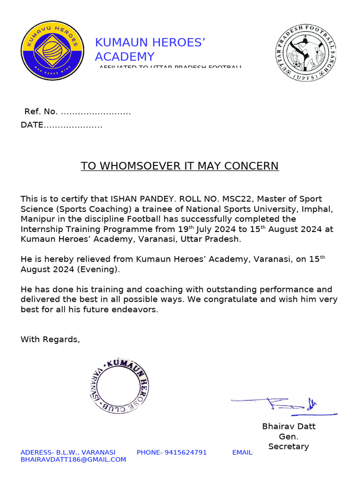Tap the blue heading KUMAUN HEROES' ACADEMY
pos(150,50)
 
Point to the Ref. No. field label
pos(41,112)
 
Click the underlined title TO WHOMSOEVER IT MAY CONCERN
pos(180,166)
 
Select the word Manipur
pos(37,219)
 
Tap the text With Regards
pos(50,339)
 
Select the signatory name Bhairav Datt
pos(288,426)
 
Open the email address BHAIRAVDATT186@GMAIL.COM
pos(73,459)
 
